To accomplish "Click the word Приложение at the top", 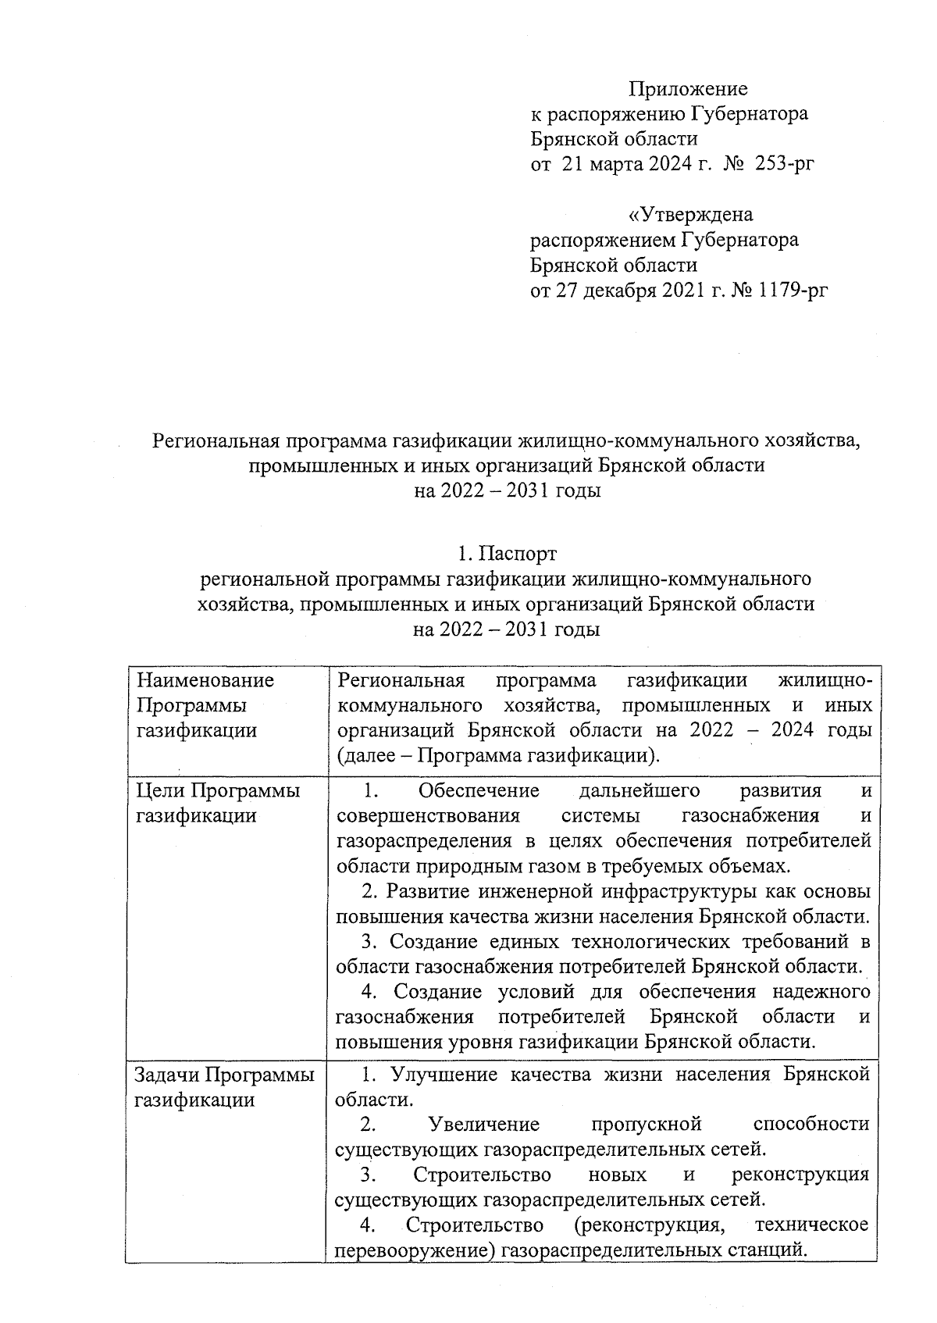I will [x=689, y=89].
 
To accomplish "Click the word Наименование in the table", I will [x=205, y=680].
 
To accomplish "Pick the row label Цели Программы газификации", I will [x=217, y=803].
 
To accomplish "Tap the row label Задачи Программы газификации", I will [x=224, y=1087].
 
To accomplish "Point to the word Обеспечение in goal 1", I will [x=479, y=790].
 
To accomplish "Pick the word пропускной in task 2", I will [x=647, y=1124].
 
